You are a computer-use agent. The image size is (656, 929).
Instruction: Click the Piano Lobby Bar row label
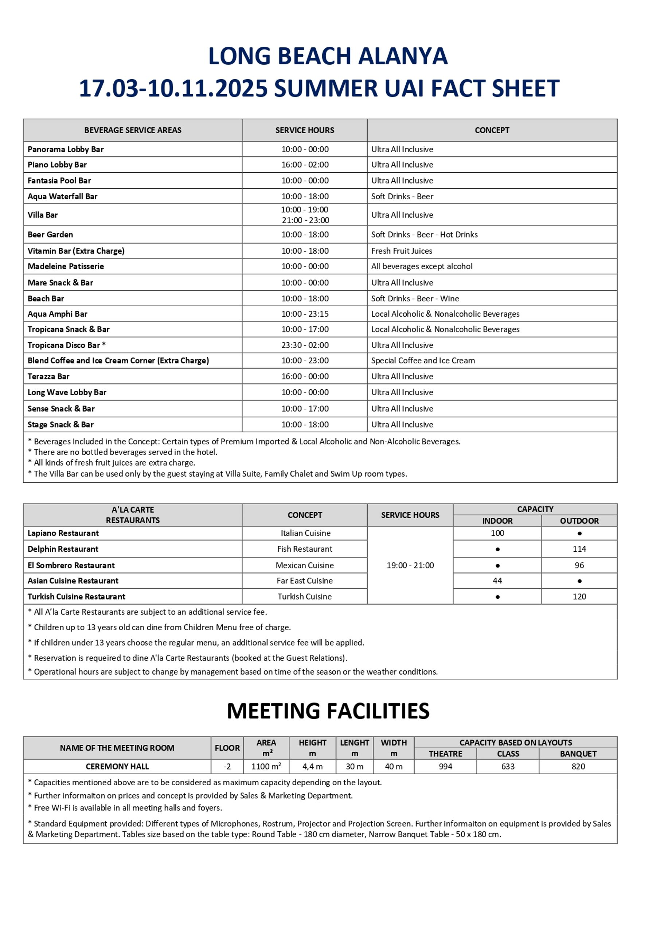(57, 165)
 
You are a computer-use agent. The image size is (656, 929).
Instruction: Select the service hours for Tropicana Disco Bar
(305, 345)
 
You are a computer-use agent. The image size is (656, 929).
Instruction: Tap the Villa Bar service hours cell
(305, 215)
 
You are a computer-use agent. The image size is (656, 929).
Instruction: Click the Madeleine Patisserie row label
(66, 266)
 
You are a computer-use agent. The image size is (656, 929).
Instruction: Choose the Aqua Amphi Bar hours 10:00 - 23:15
(305, 314)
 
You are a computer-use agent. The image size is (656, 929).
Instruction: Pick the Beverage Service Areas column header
(133, 130)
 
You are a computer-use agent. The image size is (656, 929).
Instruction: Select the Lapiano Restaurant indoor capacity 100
(497, 533)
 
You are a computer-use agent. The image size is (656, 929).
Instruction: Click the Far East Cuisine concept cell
(304, 581)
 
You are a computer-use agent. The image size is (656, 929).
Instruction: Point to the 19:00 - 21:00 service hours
(410, 566)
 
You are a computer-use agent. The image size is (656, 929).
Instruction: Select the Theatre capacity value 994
(445, 767)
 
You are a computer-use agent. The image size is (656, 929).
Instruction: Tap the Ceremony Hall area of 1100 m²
(266, 767)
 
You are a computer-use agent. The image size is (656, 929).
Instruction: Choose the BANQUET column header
(578, 754)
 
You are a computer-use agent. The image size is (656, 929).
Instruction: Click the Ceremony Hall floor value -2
(227, 767)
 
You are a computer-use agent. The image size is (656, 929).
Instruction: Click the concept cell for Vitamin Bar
(401, 251)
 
